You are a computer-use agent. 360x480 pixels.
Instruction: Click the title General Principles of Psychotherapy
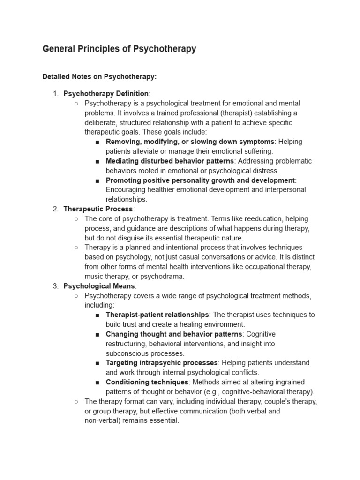(x=119, y=49)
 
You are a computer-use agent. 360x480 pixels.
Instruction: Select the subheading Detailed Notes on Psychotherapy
(x=99, y=76)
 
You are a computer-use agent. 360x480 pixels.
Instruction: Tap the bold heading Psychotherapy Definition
(x=106, y=93)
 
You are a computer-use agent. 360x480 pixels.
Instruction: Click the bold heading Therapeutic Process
(x=98, y=209)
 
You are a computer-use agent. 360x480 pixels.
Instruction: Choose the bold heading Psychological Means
(x=99, y=286)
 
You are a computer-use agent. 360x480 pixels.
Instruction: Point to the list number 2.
(x=55, y=209)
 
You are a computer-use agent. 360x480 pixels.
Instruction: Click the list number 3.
(x=55, y=286)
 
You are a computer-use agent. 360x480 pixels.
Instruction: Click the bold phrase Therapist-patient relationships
(x=157, y=315)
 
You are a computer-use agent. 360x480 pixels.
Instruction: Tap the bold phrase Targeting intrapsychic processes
(x=162, y=363)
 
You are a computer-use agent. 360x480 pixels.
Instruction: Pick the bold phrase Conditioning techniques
(x=147, y=382)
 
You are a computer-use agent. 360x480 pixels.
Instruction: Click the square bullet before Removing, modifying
(x=97, y=142)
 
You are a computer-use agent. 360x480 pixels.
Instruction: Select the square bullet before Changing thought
(x=97, y=334)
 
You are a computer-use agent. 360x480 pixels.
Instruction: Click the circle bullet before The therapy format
(x=76, y=401)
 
